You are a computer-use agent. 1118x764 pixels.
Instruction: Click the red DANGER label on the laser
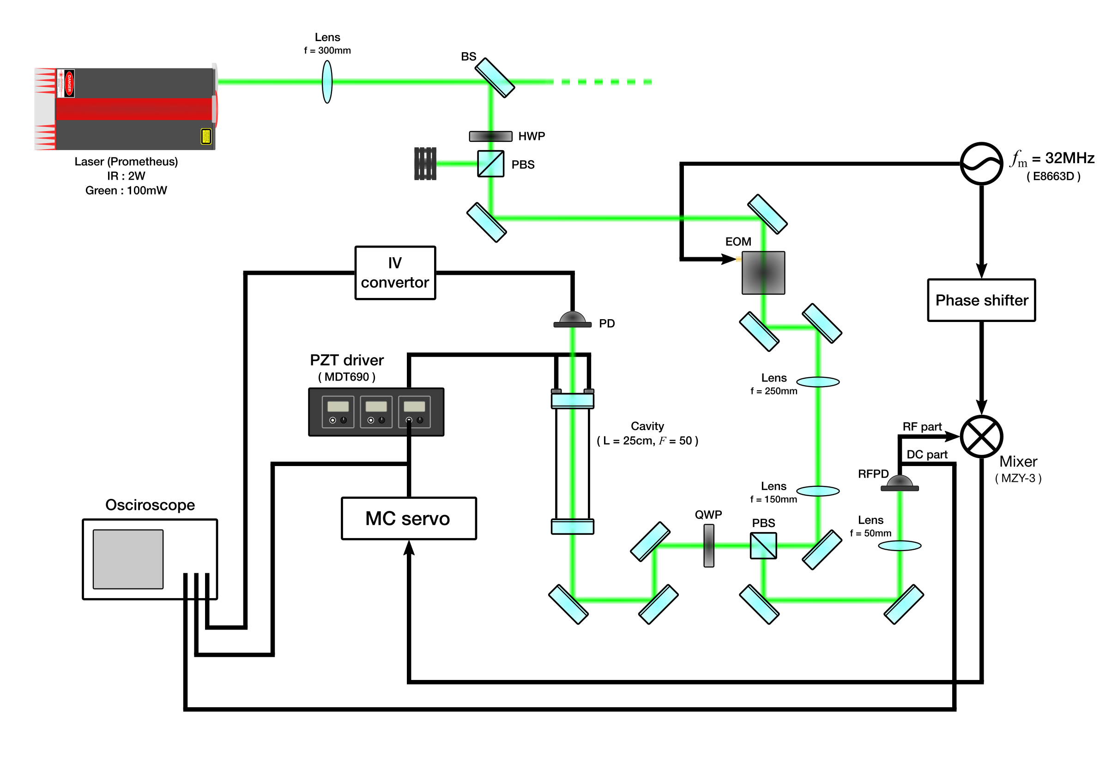pyautogui.click(x=69, y=83)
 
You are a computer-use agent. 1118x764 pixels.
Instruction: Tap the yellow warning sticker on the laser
pyautogui.click(x=206, y=137)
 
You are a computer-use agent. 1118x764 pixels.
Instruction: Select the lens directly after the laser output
pyautogui.click(x=327, y=82)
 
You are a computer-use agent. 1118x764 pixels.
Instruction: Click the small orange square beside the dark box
pyautogui.click(x=738, y=259)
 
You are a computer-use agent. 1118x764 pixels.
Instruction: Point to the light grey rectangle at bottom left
pyautogui.click(x=128, y=559)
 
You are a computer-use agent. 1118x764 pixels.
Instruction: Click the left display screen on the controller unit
pyautogui.click(x=338, y=406)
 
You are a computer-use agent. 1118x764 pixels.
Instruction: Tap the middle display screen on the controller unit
pyautogui.click(x=376, y=406)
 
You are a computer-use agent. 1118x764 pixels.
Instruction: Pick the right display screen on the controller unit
pyautogui.click(x=414, y=406)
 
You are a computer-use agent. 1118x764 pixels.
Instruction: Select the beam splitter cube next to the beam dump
pyautogui.click(x=491, y=164)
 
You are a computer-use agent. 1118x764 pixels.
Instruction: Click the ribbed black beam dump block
pyautogui.click(x=425, y=164)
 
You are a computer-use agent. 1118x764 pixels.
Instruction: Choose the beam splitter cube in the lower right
pyautogui.click(x=763, y=546)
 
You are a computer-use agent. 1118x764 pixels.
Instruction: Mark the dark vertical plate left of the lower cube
pyautogui.click(x=708, y=546)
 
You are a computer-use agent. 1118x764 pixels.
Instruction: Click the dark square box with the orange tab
pyautogui.click(x=763, y=273)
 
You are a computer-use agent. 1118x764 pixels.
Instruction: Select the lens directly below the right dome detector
pyautogui.click(x=900, y=546)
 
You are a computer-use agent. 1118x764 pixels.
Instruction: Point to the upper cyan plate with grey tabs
pyautogui.click(x=573, y=400)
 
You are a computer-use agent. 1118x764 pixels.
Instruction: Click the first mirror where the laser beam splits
pyautogui.click(x=495, y=78)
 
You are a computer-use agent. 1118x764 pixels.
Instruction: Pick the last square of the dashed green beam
pyautogui.click(x=647, y=82)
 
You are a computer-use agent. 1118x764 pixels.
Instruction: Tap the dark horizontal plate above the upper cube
pyautogui.click(x=491, y=137)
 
